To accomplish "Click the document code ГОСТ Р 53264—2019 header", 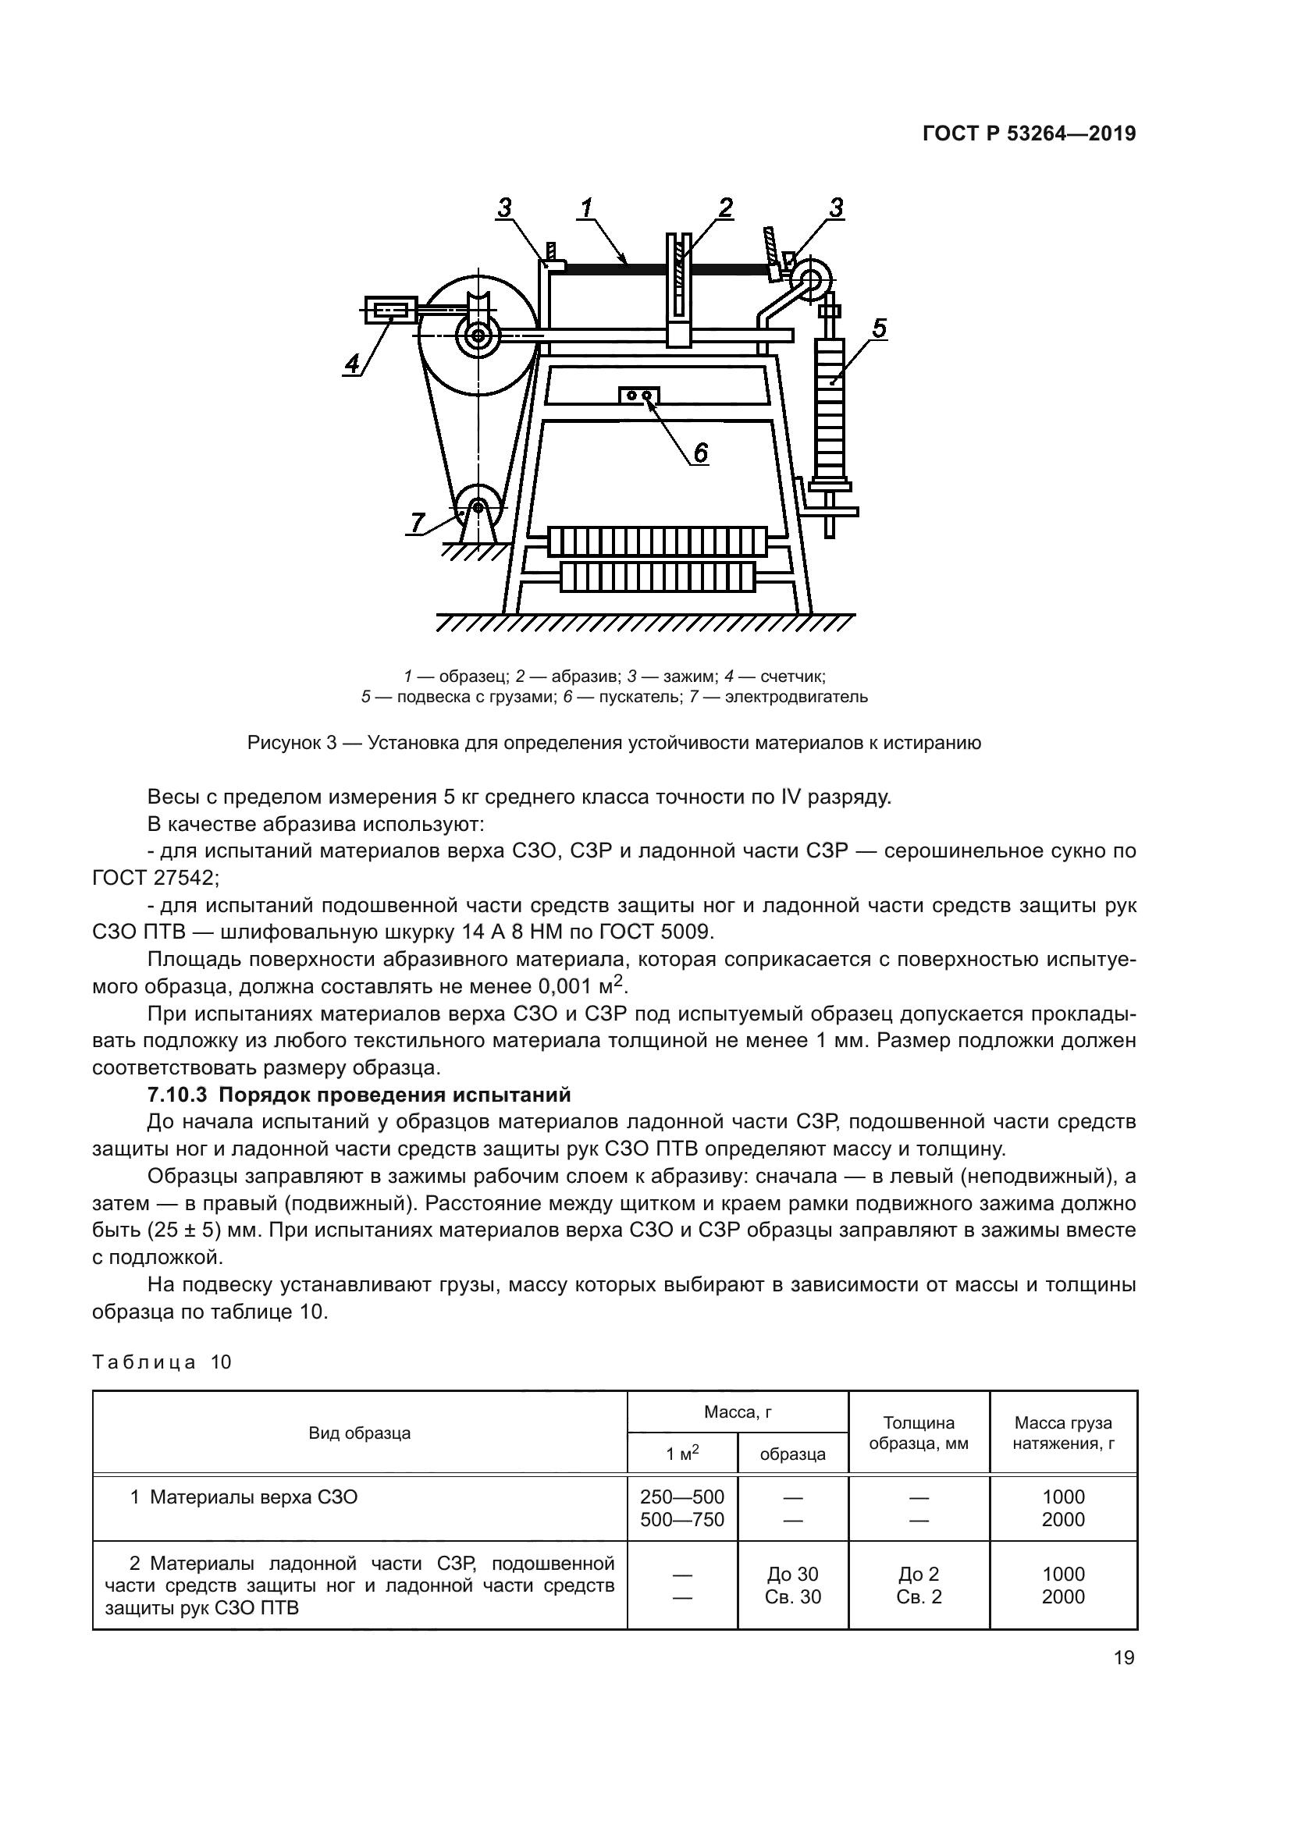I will pos(1029,133).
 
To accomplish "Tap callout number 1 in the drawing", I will pos(586,208).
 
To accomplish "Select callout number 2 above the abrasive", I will pos(725,208).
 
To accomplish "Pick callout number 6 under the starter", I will pos(699,453).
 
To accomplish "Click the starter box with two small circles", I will pos(639,395).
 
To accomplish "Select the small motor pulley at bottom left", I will pos(478,506).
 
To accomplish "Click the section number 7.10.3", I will pos(176,1095).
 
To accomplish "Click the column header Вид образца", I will pos(359,1433).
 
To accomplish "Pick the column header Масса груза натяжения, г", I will pos(1063,1433).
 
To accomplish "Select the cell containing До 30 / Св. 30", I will pos(792,1585).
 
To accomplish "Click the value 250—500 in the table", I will pos(682,1497).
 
